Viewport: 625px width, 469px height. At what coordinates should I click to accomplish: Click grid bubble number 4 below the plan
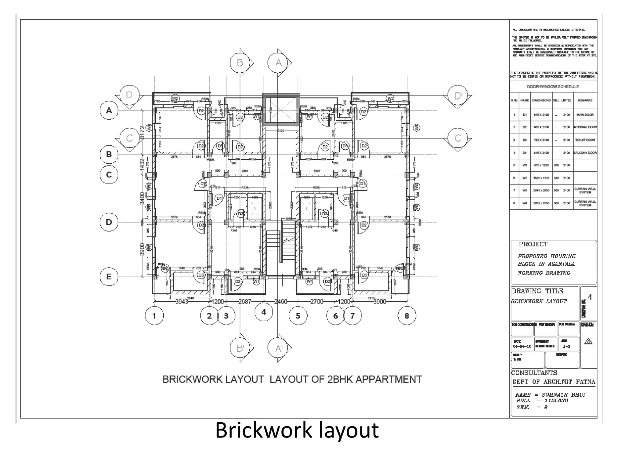[x=264, y=312]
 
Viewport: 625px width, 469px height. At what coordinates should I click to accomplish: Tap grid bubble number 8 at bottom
[x=406, y=316]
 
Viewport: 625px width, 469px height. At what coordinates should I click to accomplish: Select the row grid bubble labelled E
[x=109, y=277]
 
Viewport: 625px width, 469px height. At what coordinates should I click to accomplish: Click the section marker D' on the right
[x=458, y=96]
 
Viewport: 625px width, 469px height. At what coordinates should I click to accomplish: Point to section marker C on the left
[x=129, y=138]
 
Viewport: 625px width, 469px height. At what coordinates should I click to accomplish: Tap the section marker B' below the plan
[x=240, y=348]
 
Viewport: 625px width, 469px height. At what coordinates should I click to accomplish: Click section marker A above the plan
[x=278, y=63]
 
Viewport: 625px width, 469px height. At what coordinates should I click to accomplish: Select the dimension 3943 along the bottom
[x=182, y=302]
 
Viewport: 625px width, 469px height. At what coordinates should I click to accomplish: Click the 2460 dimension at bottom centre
[x=281, y=302]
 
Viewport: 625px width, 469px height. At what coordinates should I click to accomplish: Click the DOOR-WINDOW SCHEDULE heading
[x=553, y=87]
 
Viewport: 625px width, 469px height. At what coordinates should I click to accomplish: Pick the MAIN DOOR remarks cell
[x=585, y=115]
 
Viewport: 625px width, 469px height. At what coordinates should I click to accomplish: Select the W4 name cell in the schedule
[x=524, y=203]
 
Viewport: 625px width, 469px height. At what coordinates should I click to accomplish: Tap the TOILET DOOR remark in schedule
[x=585, y=140]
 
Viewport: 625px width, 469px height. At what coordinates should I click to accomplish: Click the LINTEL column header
[x=566, y=100]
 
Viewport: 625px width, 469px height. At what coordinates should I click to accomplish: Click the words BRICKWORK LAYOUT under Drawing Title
[x=539, y=301]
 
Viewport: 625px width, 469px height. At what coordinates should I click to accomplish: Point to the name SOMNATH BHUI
[x=563, y=395]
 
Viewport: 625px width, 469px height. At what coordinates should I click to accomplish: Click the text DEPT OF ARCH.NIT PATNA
[x=554, y=382]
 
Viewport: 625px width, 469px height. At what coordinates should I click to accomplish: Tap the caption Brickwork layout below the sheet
[x=297, y=430]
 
